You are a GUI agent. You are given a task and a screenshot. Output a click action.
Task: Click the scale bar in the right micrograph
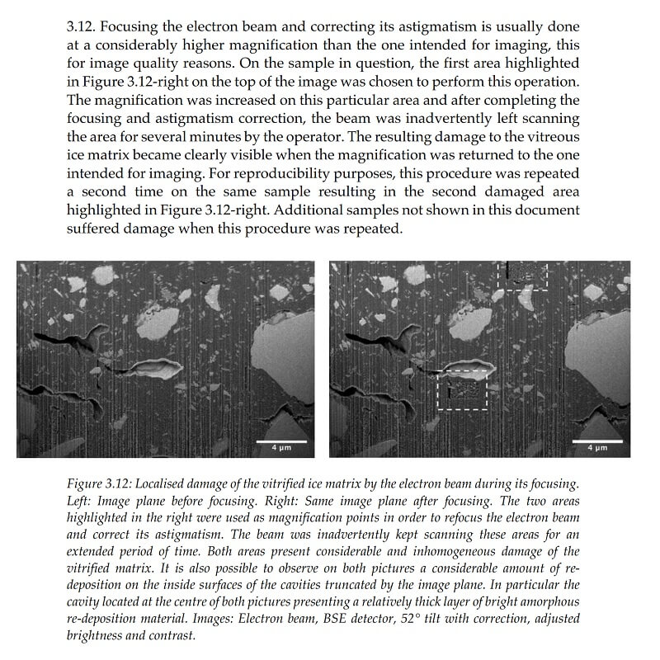click(x=597, y=438)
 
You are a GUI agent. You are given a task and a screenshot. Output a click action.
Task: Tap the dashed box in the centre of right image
click(x=462, y=389)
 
